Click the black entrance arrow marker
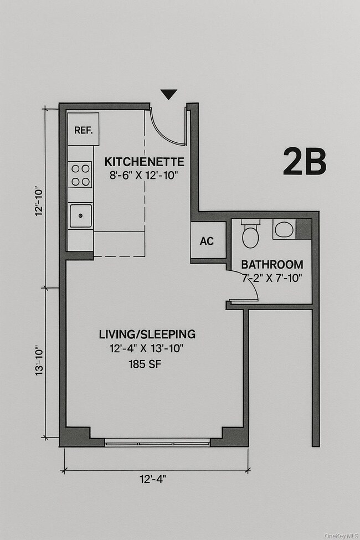(x=169, y=95)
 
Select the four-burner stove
(x=80, y=175)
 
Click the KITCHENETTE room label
(x=144, y=162)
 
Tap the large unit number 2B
(x=304, y=162)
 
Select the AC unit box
(x=207, y=241)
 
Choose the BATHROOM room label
(x=272, y=265)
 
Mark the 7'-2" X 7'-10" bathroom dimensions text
(x=272, y=278)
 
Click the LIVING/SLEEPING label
(x=147, y=335)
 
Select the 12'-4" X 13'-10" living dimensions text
(x=147, y=349)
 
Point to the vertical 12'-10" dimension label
(x=39, y=200)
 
